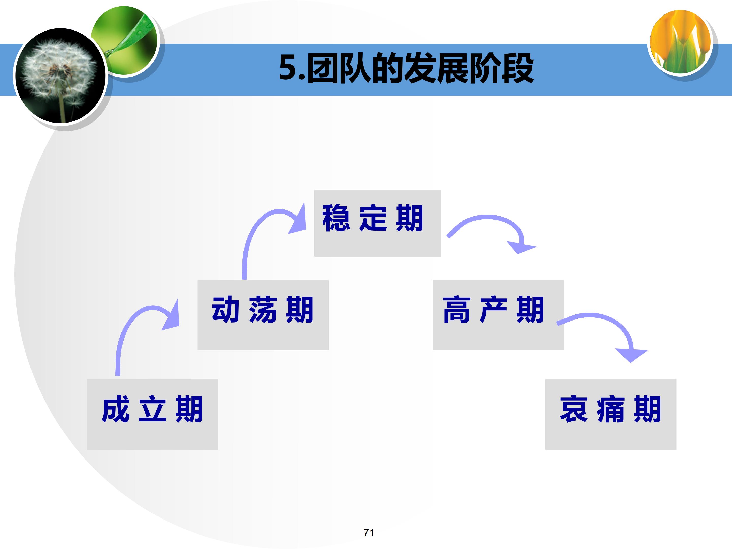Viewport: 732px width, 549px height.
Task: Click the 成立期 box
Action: [x=152, y=414]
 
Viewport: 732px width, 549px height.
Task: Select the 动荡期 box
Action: [x=263, y=315]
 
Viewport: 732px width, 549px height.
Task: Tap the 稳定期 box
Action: [x=378, y=223]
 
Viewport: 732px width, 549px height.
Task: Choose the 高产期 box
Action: [x=498, y=315]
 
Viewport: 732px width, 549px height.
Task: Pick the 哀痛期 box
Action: [x=611, y=414]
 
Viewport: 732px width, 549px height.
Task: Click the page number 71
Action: [x=369, y=532]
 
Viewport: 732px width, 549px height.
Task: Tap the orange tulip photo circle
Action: [x=680, y=42]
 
